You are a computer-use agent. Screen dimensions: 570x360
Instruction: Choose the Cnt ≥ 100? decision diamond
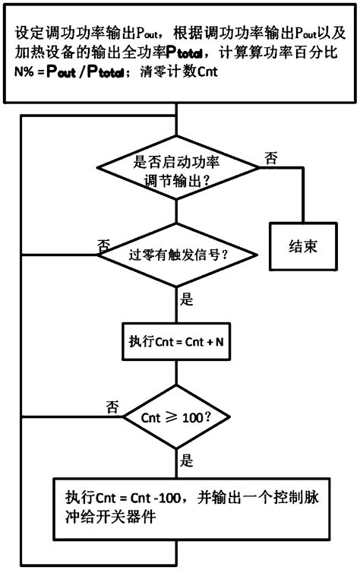click(x=176, y=418)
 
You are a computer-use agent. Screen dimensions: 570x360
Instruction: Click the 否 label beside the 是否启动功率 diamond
click(x=270, y=157)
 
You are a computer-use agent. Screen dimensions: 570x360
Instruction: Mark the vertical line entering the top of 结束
click(x=304, y=198)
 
